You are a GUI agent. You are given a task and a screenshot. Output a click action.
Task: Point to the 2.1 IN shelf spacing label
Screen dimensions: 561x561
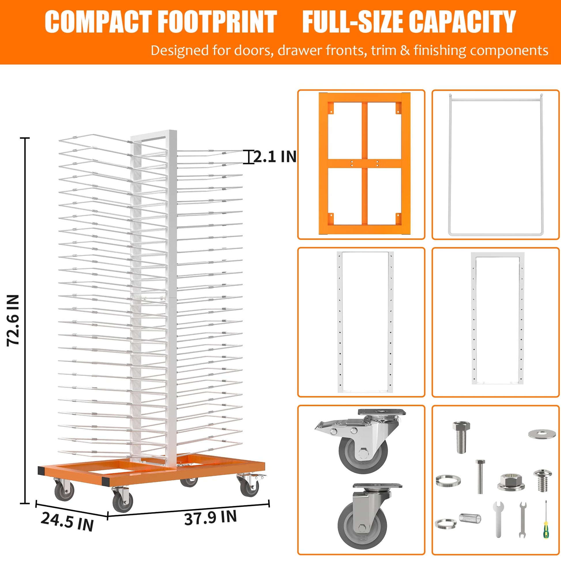click(275, 157)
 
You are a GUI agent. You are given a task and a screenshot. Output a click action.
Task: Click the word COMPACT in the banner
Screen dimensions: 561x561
click(97, 22)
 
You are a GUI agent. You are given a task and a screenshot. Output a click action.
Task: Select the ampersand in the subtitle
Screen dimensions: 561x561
click(405, 50)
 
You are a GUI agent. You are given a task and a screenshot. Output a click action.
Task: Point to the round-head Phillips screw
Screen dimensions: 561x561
click(543, 481)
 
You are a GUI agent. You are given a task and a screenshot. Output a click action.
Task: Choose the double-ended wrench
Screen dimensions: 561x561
click(523, 520)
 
